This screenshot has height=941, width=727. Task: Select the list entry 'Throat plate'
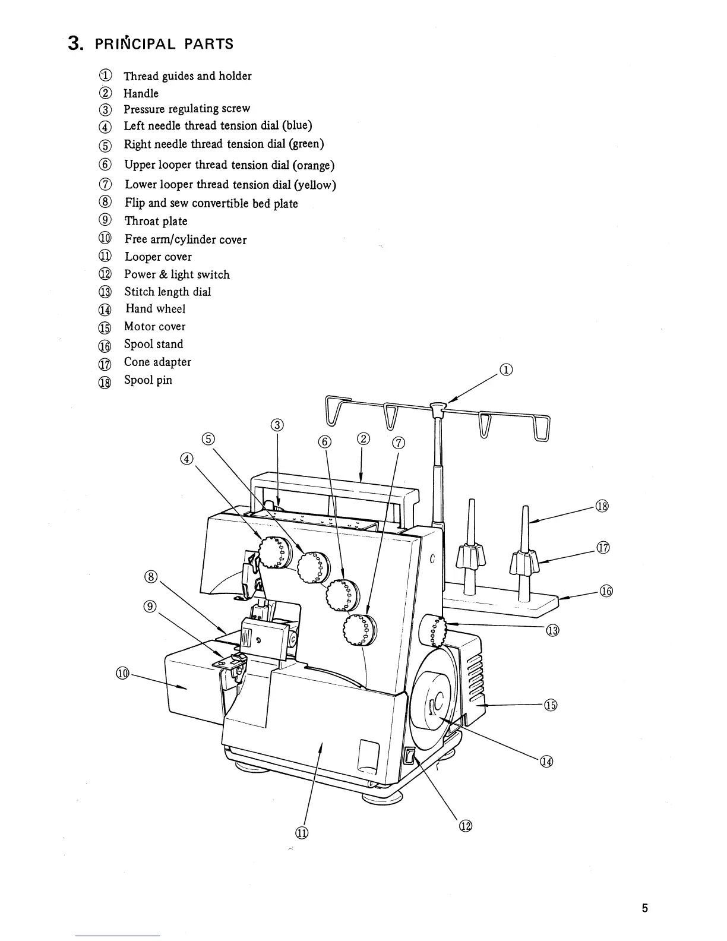click(156, 221)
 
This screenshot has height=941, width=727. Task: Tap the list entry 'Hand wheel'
click(155, 309)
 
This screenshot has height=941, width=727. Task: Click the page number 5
click(644, 908)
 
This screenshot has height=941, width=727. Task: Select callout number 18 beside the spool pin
click(603, 507)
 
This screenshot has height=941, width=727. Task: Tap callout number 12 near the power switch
click(465, 826)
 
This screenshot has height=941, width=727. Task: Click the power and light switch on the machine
click(409, 756)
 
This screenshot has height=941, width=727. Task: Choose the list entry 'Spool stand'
click(153, 344)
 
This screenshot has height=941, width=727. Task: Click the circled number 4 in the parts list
click(105, 127)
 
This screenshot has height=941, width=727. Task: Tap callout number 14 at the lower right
click(546, 762)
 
